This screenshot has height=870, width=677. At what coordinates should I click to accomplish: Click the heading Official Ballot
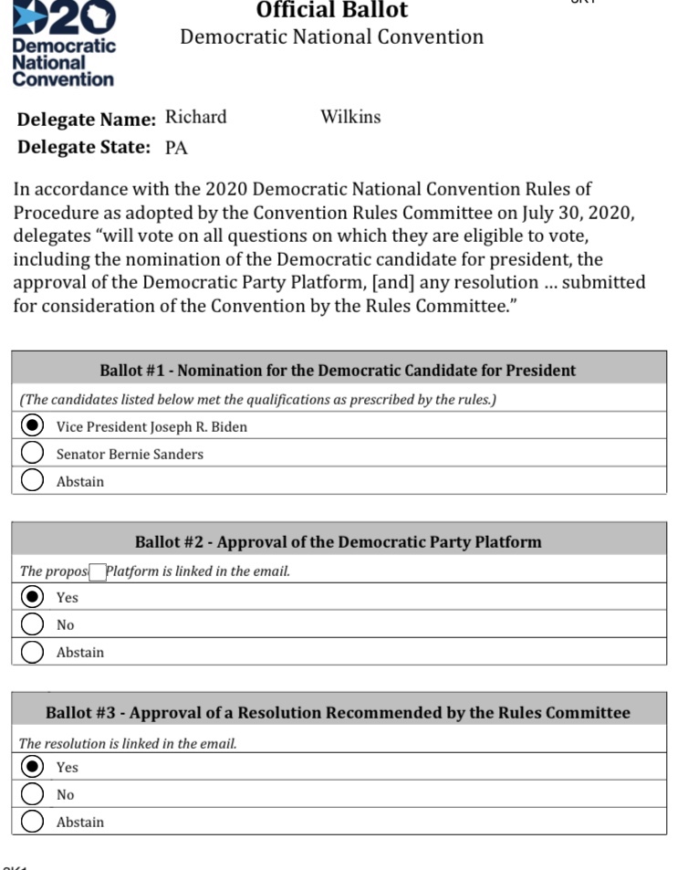point(332,10)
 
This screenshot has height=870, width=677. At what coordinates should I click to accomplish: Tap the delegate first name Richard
point(195,117)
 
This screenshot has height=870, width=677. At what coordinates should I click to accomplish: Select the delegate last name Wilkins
point(350,117)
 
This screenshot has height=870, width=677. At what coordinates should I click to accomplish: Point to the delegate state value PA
point(176,148)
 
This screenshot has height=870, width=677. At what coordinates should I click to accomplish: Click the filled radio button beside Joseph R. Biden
point(33,426)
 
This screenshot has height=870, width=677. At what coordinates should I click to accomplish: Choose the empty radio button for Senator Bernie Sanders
point(33,454)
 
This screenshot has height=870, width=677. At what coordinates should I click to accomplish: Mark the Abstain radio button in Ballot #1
point(33,481)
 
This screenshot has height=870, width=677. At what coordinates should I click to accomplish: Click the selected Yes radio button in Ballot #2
point(33,597)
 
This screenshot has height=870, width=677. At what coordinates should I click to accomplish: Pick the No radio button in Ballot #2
point(33,624)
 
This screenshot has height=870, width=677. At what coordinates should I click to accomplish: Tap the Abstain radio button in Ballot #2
point(33,652)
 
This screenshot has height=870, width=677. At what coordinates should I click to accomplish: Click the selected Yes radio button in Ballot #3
point(33,767)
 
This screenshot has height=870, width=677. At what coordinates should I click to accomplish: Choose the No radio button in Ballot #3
point(33,794)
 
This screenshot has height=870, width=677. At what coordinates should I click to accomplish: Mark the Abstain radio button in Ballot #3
point(33,822)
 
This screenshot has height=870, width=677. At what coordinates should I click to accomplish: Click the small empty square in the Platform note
point(97,572)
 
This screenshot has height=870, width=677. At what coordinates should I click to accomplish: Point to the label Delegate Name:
point(87,120)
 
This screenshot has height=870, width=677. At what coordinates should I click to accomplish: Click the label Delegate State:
point(84,147)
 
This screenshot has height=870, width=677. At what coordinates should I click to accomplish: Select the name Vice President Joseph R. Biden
point(151,427)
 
